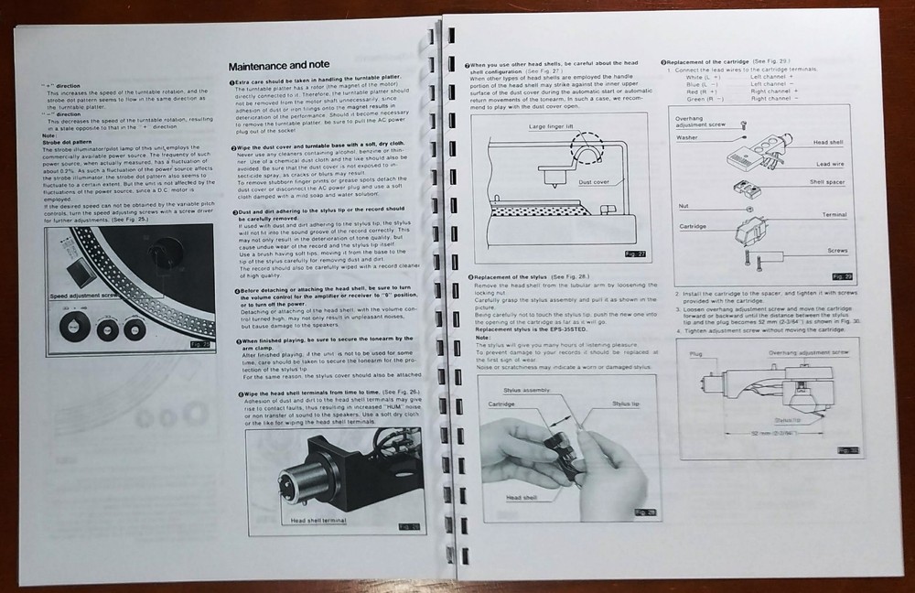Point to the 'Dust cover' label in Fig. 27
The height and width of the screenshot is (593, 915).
(x=595, y=182)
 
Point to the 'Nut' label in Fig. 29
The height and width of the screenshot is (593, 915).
(x=682, y=206)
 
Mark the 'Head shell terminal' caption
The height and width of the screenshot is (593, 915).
(x=318, y=520)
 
